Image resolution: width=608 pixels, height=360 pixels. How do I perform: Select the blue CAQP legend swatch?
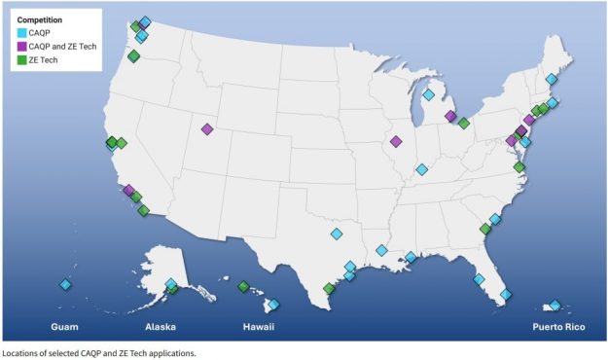click(x=22, y=33)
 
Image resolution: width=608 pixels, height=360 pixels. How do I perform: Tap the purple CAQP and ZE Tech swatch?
click(x=22, y=47)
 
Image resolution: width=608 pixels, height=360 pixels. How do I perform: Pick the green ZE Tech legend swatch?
click(x=22, y=60)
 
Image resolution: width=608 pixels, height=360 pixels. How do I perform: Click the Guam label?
click(x=64, y=328)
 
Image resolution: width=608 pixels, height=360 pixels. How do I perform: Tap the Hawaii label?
click(x=257, y=328)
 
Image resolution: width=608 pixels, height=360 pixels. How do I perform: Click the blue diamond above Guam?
click(x=65, y=284)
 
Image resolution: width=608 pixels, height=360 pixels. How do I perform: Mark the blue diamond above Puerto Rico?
click(x=555, y=306)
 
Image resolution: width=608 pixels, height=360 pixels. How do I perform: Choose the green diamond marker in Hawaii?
click(x=243, y=286)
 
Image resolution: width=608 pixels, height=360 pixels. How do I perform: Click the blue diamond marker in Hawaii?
click(x=274, y=305)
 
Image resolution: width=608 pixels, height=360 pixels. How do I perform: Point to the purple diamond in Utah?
click(x=206, y=129)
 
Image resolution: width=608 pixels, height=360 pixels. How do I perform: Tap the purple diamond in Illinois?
click(x=395, y=141)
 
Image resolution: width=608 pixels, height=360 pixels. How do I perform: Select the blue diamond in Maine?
click(x=552, y=79)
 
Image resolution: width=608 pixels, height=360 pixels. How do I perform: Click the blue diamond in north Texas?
click(x=337, y=234)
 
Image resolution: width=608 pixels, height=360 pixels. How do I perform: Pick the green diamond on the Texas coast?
click(x=329, y=288)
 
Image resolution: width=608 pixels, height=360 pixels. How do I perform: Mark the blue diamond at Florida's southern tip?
click(x=506, y=294)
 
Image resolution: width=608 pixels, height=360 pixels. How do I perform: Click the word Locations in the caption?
click(x=22, y=352)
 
